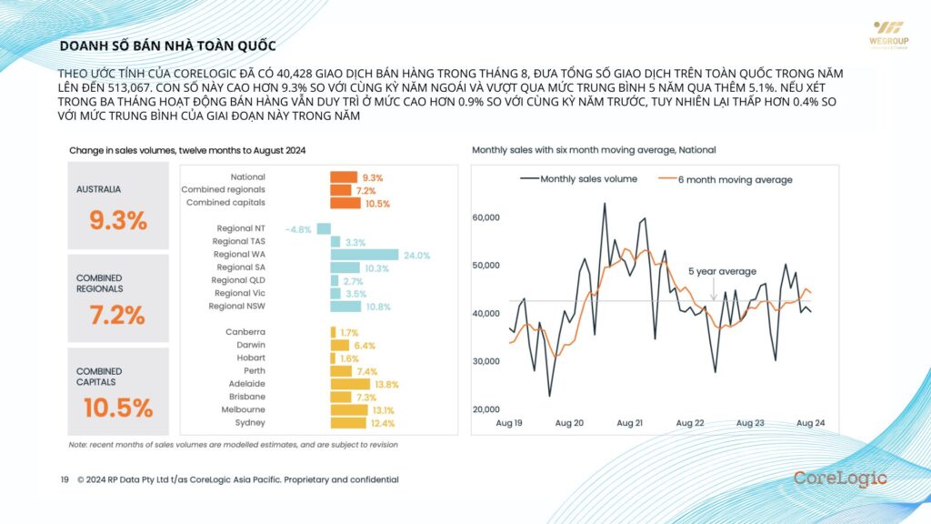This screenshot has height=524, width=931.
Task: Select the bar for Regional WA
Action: (x=365, y=255)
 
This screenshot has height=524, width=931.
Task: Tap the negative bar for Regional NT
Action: (x=324, y=228)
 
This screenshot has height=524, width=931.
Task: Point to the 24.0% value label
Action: (x=416, y=255)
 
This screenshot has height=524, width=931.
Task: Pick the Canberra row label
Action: (x=245, y=332)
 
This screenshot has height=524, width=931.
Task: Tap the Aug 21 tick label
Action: (x=629, y=423)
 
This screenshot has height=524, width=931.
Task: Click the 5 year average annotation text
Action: (x=722, y=271)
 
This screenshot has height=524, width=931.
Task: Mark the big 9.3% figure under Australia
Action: (x=117, y=220)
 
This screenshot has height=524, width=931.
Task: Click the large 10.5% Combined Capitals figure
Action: (x=117, y=408)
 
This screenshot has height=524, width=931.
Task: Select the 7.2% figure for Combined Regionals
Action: (x=117, y=315)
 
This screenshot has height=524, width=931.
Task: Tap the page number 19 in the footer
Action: (x=65, y=479)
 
